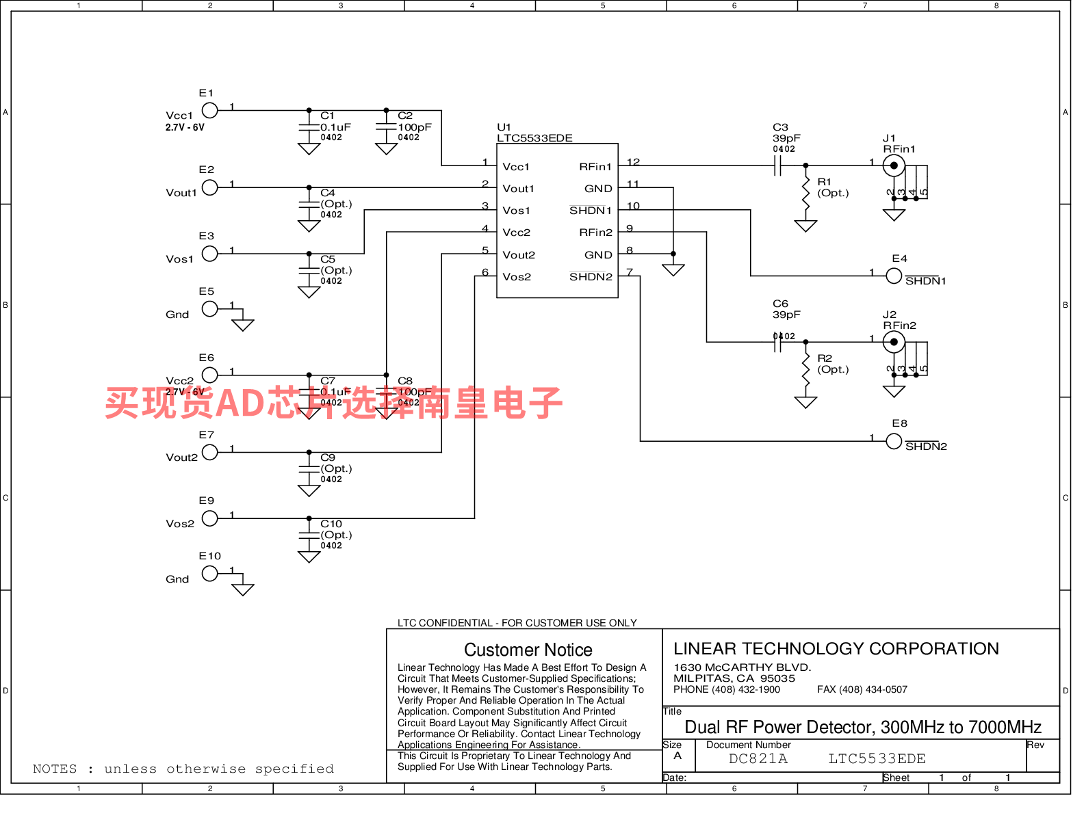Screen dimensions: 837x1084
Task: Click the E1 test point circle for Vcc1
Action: (210, 110)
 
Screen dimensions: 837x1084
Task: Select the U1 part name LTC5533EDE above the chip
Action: (534, 138)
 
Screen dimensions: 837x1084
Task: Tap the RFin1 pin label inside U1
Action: (595, 167)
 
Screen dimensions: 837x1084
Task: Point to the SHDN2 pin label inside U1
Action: (591, 277)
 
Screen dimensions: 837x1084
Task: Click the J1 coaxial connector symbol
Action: (894, 165)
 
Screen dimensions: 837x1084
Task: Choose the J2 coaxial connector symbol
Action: (894, 342)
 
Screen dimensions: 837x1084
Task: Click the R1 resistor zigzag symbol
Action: (805, 193)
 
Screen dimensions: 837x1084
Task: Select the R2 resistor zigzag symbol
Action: (805, 369)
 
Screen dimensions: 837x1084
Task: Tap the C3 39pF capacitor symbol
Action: (777, 165)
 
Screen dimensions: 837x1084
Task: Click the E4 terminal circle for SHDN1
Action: (894, 276)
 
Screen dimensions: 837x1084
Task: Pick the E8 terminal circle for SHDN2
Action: (894, 441)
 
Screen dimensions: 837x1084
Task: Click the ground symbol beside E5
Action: (243, 324)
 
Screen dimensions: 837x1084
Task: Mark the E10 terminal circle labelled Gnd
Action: (210, 574)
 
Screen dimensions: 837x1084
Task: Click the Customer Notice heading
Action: (528, 650)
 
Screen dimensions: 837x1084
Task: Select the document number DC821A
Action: (758, 759)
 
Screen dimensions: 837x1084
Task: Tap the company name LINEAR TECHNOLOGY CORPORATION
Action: (836, 649)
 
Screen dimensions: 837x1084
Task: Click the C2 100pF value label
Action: (415, 127)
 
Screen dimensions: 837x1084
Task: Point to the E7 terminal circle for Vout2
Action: (210, 452)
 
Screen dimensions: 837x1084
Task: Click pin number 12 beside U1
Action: (633, 162)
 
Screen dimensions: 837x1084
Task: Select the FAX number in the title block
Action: (862, 689)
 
